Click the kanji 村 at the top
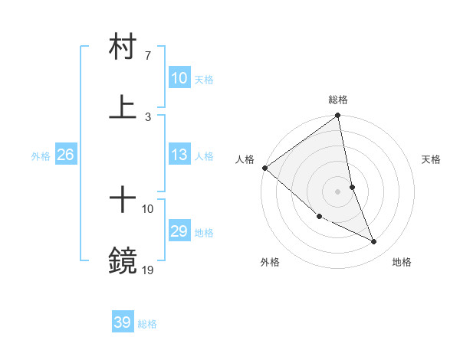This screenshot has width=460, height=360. coord(123,46)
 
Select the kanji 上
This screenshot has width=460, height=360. coord(123,107)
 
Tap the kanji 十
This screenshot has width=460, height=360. coord(123,200)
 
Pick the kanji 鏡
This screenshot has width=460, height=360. coord(123,261)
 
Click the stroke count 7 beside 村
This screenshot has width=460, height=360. coord(148,56)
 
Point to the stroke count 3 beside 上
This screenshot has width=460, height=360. coord(148,117)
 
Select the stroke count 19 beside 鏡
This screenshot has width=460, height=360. coord(148,270)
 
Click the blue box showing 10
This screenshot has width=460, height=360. coord(179,78)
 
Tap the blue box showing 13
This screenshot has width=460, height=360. coord(179,155)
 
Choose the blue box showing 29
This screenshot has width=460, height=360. coord(179,231)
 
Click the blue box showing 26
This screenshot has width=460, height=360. coord(65,155)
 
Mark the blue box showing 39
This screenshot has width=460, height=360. coord(123,322)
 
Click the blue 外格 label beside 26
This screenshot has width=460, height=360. coord(41,156)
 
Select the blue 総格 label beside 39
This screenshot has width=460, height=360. coord(147,324)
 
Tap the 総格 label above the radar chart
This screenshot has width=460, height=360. coord(338,100)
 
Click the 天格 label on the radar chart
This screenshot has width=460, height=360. coord(432,159)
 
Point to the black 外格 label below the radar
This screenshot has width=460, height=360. coord(271,262)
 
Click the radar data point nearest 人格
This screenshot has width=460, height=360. coord(264,168)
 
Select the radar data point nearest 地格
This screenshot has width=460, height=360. coord(374,242)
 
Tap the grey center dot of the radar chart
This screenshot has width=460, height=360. coord(338,191)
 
